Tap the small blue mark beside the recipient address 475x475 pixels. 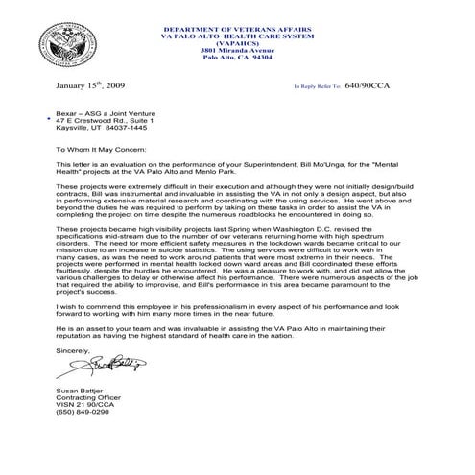(x=49, y=120)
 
